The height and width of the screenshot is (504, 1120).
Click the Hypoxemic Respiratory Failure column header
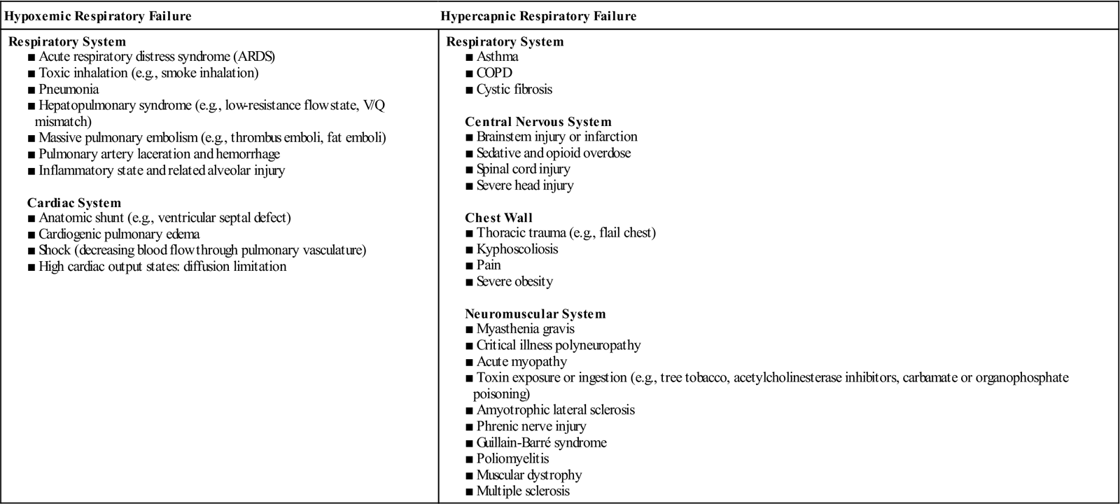(x=99, y=15)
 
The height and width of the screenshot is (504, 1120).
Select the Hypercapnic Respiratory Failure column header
(x=538, y=15)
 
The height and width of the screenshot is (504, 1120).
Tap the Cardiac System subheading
(x=74, y=203)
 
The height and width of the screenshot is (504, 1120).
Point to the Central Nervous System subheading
(x=538, y=122)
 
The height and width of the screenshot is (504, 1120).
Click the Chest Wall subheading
(x=498, y=218)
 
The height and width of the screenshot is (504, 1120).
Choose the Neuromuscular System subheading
(x=535, y=314)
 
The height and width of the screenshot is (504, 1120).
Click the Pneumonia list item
(x=69, y=90)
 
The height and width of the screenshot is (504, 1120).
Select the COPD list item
(x=494, y=73)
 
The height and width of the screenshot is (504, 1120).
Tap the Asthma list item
(x=497, y=57)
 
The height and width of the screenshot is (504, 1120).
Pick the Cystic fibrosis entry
(x=514, y=90)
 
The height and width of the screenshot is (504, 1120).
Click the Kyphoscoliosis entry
(x=517, y=249)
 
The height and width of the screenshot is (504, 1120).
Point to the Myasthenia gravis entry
(x=526, y=329)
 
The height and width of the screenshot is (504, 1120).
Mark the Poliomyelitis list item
(x=512, y=459)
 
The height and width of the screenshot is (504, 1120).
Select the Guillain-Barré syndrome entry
(x=541, y=443)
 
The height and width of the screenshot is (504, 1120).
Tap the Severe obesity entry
(x=514, y=282)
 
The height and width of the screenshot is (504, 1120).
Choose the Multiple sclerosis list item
(x=523, y=491)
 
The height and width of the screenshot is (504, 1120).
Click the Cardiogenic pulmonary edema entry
(x=119, y=234)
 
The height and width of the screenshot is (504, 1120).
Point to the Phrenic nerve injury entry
(x=531, y=426)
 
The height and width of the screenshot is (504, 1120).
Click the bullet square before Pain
(x=469, y=266)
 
